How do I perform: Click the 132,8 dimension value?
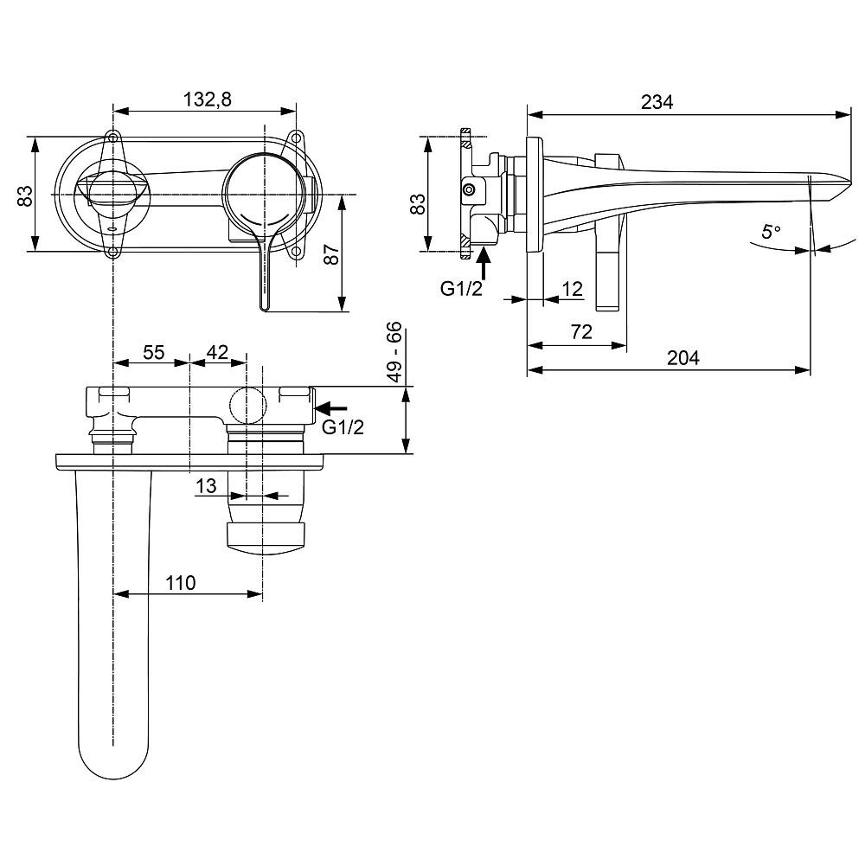208,99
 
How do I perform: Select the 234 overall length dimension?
657,101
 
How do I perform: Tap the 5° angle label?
771,232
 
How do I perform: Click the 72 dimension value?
581,332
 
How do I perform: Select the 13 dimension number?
206,486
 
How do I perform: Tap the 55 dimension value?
154,352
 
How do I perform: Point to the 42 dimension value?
217,352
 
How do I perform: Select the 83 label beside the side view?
418,204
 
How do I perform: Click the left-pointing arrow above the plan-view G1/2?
333,408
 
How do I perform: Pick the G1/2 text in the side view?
462,289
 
